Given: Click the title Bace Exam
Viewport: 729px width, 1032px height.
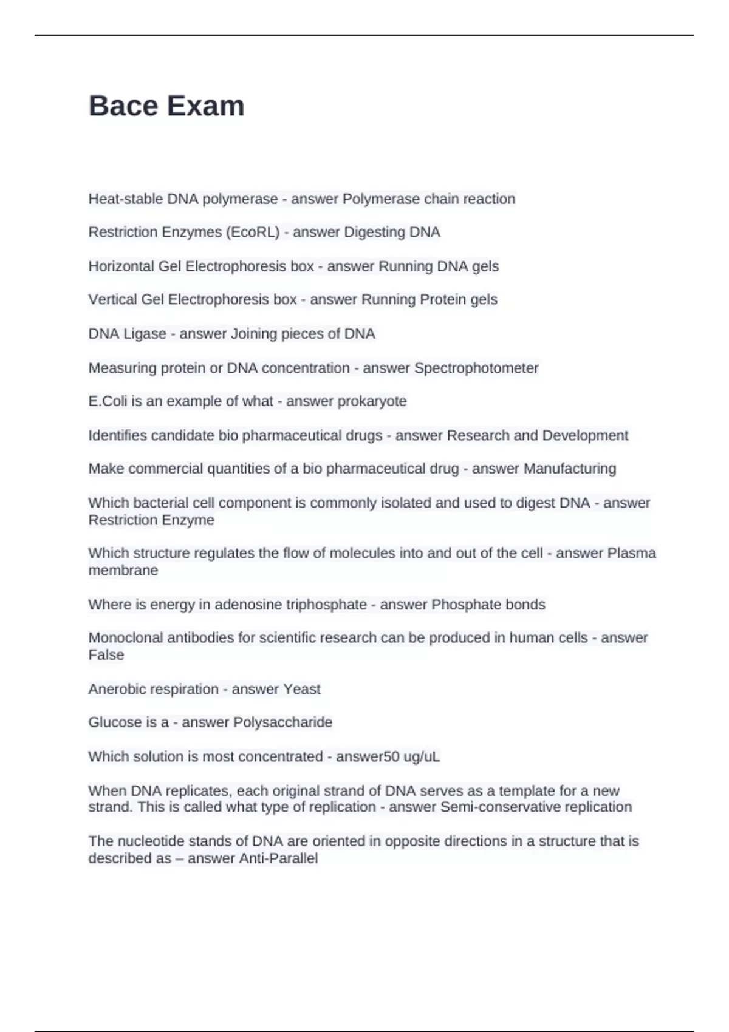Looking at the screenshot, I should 166,106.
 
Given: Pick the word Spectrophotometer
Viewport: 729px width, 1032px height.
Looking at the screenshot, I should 476,368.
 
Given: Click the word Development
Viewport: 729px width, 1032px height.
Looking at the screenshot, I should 585,436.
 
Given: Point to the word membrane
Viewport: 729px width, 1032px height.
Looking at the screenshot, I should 123,571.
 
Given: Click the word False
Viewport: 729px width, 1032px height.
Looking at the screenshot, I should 106,655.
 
